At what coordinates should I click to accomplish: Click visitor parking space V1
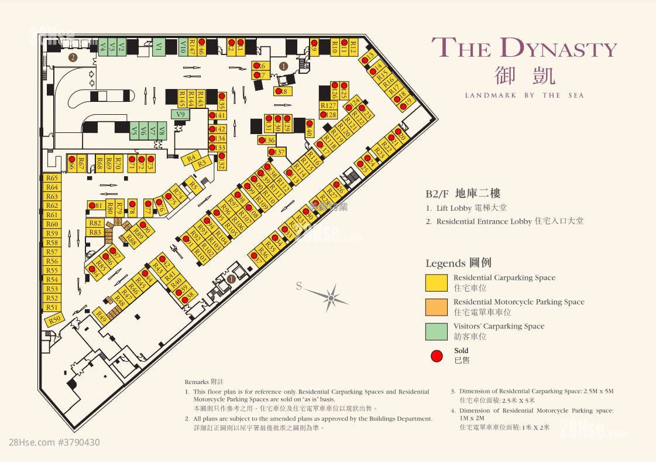coord(158,47)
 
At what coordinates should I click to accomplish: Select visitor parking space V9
coord(181,114)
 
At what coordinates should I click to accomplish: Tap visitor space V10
coord(183,47)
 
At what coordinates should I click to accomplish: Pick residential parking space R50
coord(54,320)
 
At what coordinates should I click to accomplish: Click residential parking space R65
coord(52,178)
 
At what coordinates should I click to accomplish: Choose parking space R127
coord(328,105)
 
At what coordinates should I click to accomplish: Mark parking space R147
coord(192,47)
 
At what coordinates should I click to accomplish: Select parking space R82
coord(95,223)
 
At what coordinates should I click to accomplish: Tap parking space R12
coord(353,47)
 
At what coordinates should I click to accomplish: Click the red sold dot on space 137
coord(272,152)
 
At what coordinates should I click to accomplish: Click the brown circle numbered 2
coord(73,57)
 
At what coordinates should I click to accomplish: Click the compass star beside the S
coord(331,297)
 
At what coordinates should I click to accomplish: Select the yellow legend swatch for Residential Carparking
coord(436,283)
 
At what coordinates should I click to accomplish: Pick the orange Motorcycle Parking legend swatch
coord(436,307)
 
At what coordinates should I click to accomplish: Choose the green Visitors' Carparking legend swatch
coord(436,331)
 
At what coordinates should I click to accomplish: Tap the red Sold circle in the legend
coord(436,355)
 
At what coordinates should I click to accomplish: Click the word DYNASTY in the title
coord(559,48)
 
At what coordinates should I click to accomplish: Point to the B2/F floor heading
coord(462,194)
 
